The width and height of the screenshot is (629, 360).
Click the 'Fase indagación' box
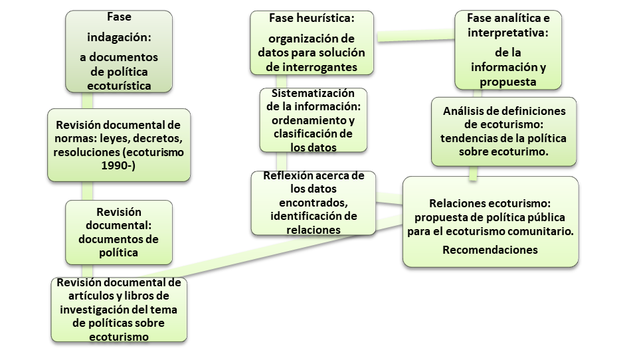tap(119, 50)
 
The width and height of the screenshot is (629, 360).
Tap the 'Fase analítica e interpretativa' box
tap(508, 49)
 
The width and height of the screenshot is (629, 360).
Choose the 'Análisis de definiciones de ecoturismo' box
tap(504, 132)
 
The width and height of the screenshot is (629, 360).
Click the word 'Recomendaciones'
tap(490, 250)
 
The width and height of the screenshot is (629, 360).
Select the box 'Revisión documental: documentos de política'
tap(119, 232)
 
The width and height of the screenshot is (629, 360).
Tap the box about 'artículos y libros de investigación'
tap(119, 310)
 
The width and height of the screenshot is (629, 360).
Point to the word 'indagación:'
tap(119, 39)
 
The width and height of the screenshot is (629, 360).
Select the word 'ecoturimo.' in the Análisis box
tap(523, 152)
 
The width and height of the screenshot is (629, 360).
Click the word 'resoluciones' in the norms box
tap(85, 152)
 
